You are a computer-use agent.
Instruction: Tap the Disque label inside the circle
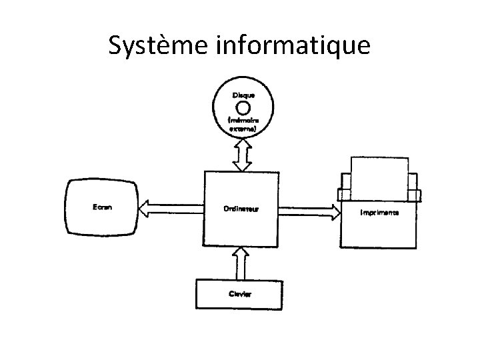243,95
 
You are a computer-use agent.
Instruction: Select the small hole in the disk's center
243,107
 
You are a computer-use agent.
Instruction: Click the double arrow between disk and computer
241,155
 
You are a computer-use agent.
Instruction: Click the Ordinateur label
241,209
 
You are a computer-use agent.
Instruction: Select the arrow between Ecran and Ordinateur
171,209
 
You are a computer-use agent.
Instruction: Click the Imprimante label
379,213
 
